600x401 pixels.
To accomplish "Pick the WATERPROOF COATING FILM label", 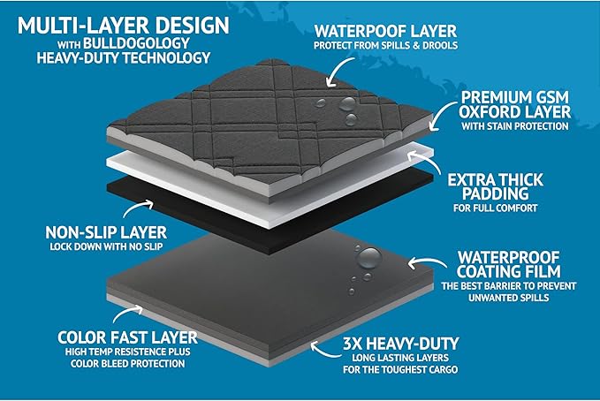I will (519, 262).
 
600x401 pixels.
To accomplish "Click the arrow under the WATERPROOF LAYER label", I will (339, 72).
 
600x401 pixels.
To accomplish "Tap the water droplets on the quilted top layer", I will (347, 109).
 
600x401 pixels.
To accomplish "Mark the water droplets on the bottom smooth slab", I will (365, 264).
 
